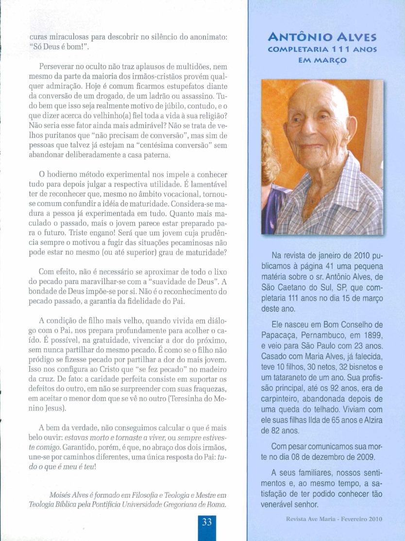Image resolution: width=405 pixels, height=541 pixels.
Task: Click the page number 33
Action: (x=207, y=523)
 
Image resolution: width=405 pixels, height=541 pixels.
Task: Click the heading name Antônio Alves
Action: (x=326, y=37)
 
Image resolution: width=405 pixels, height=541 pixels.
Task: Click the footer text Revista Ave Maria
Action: (x=320, y=519)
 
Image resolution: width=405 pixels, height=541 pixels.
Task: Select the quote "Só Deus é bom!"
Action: (x=59, y=48)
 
